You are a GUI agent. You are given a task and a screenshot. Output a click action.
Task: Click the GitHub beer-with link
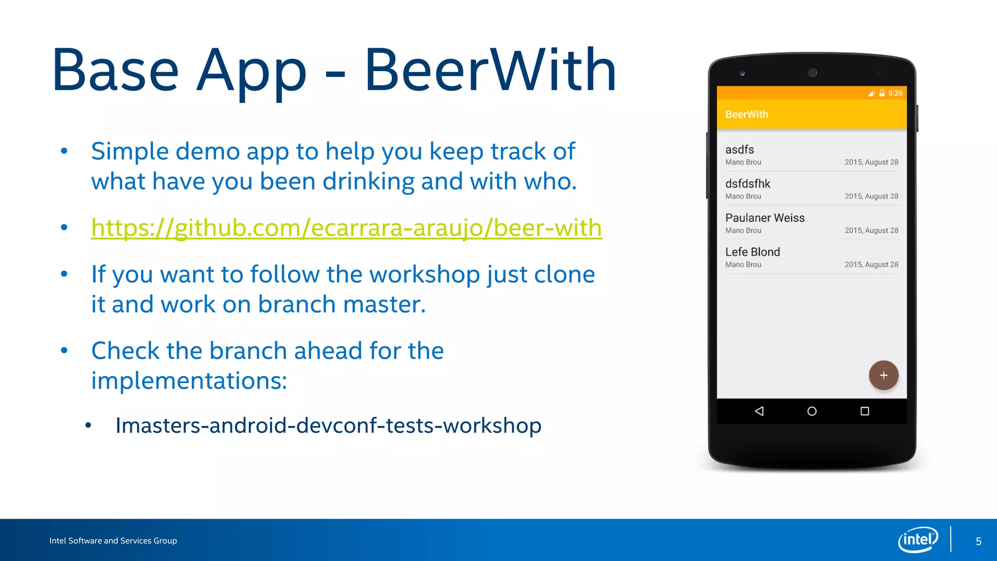(x=346, y=228)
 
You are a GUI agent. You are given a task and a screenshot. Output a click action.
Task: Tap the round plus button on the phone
(x=883, y=375)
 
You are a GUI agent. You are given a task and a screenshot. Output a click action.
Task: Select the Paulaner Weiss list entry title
(x=764, y=218)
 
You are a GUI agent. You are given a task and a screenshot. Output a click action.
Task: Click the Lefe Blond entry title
(x=752, y=252)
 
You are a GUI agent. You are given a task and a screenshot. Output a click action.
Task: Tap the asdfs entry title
(x=739, y=150)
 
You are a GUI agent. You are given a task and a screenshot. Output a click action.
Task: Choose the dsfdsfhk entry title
(x=747, y=184)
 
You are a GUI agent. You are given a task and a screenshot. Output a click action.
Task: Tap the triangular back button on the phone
(x=759, y=411)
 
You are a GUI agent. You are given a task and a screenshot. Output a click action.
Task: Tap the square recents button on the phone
(x=865, y=411)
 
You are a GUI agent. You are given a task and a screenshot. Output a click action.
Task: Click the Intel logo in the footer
(x=918, y=540)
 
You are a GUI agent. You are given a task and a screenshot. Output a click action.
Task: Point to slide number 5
(x=978, y=542)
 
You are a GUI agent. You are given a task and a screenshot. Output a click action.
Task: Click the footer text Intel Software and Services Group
(x=113, y=541)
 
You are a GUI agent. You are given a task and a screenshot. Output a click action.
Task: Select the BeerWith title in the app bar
(x=746, y=114)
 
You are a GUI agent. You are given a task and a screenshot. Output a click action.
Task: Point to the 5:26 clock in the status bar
(x=895, y=93)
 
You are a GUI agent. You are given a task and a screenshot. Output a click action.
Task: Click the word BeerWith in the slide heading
(x=491, y=70)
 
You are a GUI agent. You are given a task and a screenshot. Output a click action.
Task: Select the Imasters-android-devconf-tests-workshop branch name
(x=328, y=426)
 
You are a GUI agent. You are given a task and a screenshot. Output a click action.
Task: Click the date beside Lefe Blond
(x=871, y=264)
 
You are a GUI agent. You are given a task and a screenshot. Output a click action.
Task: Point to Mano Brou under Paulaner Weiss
(x=743, y=230)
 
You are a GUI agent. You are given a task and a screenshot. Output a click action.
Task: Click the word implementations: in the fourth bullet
(x=189, y=380)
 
